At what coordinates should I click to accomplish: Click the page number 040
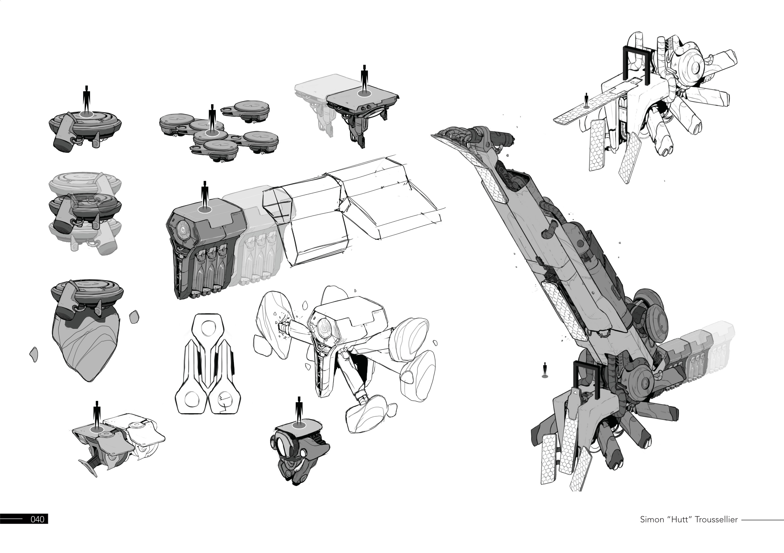(x=37, y=519)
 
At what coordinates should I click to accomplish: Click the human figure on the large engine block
(x=205, y=196)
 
